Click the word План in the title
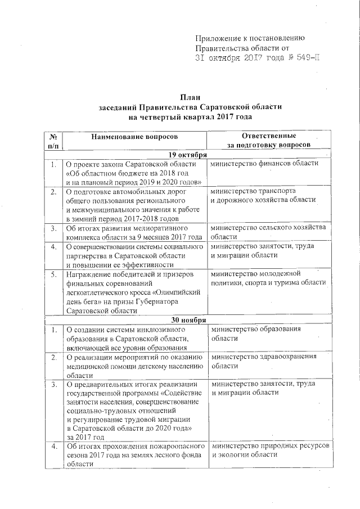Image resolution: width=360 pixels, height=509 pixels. (x=190, y=97)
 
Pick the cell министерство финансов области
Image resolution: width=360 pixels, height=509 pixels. (x=265, y=164)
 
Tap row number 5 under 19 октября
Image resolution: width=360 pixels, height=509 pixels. (x=53, y=274)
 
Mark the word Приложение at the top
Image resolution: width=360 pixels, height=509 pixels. (x=218, y=38)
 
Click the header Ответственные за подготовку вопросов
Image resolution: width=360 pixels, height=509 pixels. (x=269, y=141)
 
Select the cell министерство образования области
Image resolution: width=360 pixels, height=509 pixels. (x=256, y=333)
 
